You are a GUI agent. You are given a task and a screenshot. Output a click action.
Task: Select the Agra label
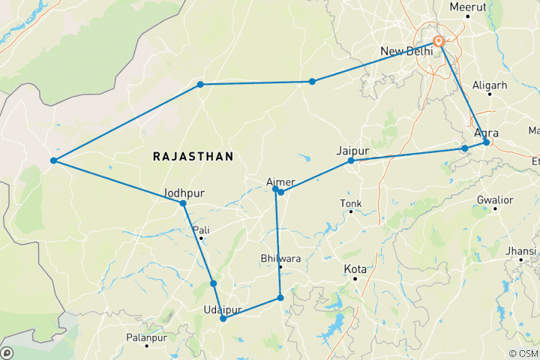click(x=487, y=133)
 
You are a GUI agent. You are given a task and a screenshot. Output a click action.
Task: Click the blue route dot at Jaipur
click(x=351, y=160)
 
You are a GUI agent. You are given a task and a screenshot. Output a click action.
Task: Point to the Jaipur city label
click(x=353, y=150)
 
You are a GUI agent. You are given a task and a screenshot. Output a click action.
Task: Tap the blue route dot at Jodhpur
click(x=183, y=203)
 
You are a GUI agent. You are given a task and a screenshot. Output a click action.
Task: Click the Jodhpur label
click(x=184, y=193)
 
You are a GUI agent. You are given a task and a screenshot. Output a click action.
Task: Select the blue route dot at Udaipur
click(x=223, y=319)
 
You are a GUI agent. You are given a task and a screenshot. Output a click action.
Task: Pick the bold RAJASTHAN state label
click(x=193, y=156)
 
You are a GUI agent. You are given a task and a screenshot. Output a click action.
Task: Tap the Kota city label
click(x=354, y=268)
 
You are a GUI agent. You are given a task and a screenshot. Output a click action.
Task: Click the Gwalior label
click(x=495, y=200)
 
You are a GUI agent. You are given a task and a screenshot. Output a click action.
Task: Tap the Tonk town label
click(x=350, y=203)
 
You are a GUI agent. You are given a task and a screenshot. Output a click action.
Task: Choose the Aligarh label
click(x=491, y=85)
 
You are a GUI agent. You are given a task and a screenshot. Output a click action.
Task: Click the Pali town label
click(x=201, y=229)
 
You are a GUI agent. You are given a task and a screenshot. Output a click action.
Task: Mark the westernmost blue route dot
click(x=53, y=160)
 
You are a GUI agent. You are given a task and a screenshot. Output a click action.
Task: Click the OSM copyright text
click(x=522, y=353)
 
